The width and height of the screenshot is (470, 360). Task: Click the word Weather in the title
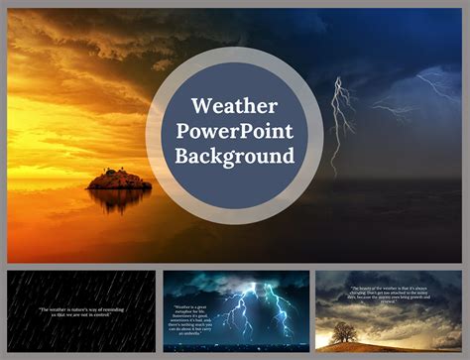point(234,106)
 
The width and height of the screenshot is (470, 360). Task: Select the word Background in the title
point(235,156)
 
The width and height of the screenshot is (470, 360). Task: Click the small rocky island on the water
point(119,180)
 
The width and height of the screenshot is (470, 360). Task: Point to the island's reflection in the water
point(119,197)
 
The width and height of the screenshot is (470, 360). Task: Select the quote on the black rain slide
point(81,310)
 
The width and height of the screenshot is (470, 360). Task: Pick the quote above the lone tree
point(390,296)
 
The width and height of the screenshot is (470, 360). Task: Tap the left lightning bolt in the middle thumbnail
point(234,313)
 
